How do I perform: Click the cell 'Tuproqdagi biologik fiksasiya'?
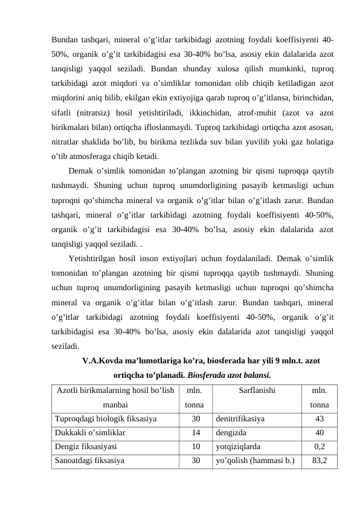pyautogui.click(x=106, y=417)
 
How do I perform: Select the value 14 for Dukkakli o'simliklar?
pyautogui.click(x=196, y=433)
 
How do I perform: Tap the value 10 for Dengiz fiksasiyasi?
pyautogui.click(x=196, y=447)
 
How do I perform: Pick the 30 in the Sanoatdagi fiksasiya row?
pyautogui.click(x=196, y=462)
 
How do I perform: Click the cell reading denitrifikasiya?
pyautogui.click(x=240, y=417)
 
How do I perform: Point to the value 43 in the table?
pyautogui.click(x=320, y=417)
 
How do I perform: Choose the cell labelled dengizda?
pyautogui.click(x=231, y=433)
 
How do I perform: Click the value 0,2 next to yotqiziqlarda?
pyautogui.click(x=320, y=447)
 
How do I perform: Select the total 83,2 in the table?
pyautogui.click(x=320, y=462)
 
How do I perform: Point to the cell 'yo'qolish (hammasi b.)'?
pyautogui.click(x=256, y=462)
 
